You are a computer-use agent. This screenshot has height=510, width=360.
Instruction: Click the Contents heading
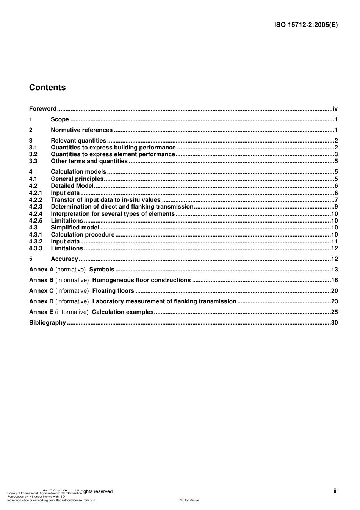click(47, 88)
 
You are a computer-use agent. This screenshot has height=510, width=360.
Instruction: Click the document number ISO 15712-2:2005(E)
click(306, 25)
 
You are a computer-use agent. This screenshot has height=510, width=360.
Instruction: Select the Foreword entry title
click(43, 109)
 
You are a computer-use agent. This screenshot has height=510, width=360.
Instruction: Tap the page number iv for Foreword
click(335, 109)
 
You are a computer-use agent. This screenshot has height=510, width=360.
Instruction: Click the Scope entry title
click(60, 119)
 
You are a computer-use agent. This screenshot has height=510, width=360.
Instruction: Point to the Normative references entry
click(81, 130)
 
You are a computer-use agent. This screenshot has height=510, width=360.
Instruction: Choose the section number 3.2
click(33, 154)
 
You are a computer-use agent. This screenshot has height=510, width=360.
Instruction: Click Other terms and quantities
click(89, 161)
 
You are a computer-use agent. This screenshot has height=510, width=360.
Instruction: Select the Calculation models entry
click(78, 172)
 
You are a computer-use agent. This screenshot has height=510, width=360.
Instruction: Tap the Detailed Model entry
click(72, 186)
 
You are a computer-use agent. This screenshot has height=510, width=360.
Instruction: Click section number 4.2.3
click(36, 207)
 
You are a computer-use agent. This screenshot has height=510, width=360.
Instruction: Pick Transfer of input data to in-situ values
click(106, 200)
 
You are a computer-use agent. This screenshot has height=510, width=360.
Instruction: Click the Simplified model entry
click(75, 228)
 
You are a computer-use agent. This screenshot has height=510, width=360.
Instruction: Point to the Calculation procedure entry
click(83, 235)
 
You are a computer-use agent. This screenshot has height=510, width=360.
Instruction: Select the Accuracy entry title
click(64, 259)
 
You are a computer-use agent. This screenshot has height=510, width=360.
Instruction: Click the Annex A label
click(41, 270)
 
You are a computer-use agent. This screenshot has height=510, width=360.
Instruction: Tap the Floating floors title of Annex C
click(113, 291)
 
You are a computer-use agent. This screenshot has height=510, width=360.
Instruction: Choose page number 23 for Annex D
click(334, 301)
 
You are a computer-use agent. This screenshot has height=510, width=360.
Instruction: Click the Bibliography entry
click(47, 323)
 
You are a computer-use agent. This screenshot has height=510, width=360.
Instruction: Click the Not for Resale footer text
click(189, 500)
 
